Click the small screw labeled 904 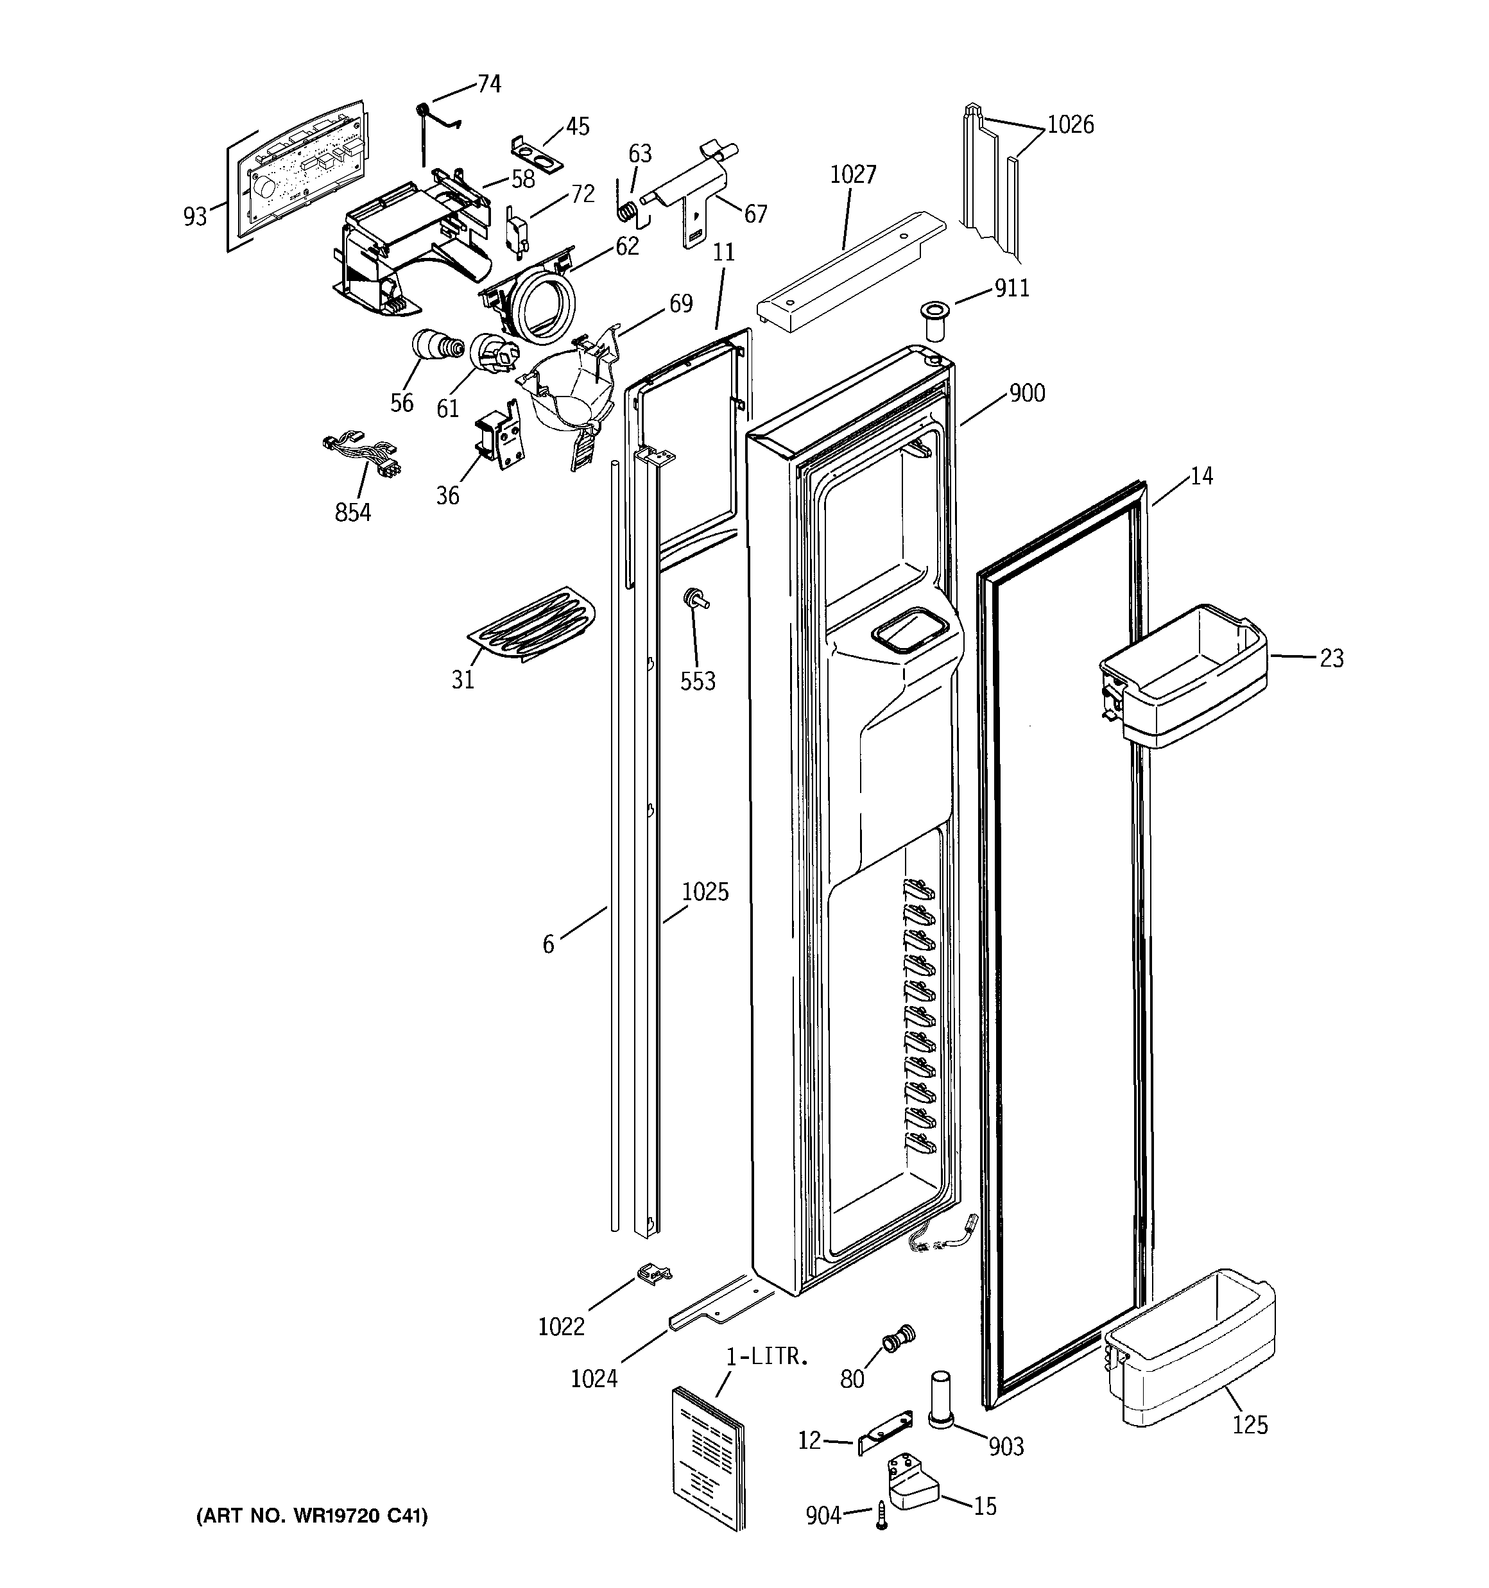coord(882,1514)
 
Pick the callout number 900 coord(1026,393)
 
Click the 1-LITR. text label coord(767,1356)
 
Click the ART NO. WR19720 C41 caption coord(312,1516)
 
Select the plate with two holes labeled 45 coord(537,152)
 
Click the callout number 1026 coord(1069,125)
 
